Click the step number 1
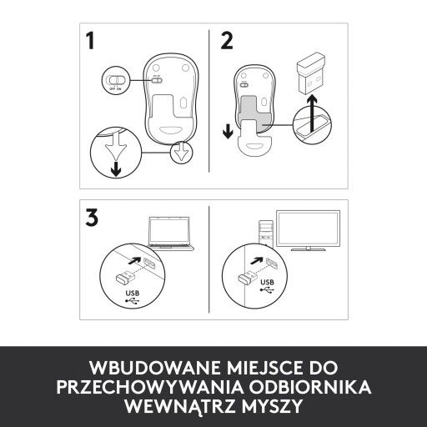click(x=90, y=41)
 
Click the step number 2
click(x=227, y=41)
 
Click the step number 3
click(x=92, y=218)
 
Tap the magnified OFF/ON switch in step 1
click(x=116, y=80)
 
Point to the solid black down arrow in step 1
click(x=116, y=168)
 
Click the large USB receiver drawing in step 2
click(x=311, y=73)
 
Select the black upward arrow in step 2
click(x=314, y=113)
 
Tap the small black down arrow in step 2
click(x=228, y=132)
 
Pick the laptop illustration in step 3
click(x=170, y=233)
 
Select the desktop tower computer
click(x=266, y=234)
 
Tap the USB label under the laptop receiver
click(x=132, y=293)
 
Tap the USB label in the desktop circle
click(x=267, y=282)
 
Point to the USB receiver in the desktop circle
click(x=247, y=277)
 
